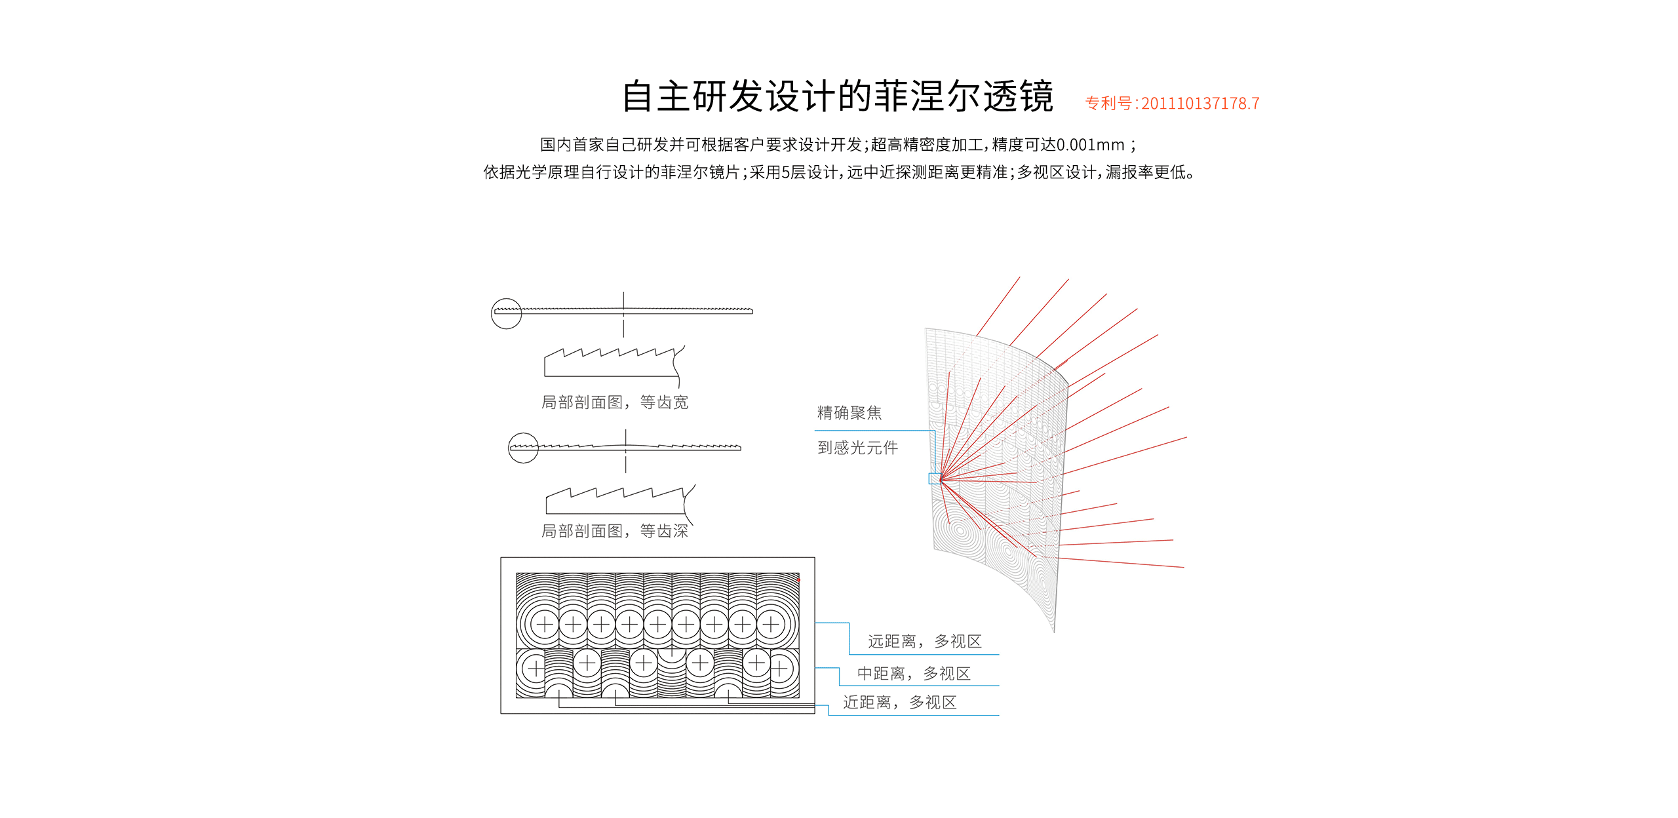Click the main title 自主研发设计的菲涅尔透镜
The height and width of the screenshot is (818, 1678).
[837, 96]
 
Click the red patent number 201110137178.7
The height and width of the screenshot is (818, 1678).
[1200, 104]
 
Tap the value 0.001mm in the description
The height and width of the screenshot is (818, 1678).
[1090, 145]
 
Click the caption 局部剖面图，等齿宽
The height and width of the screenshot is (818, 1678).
[614, 402]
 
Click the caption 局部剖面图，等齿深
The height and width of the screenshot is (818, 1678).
[614, 531]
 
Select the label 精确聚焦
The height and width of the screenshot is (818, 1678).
[849, 413]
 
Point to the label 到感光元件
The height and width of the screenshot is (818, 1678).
[857, 448]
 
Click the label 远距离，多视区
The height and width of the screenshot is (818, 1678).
[924, 641]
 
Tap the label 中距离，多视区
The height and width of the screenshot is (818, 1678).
[913, 673]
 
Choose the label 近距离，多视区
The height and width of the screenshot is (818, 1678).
[899, 702]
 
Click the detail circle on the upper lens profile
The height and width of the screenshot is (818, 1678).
[506, 313]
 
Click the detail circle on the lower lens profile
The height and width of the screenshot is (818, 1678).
[523, 448]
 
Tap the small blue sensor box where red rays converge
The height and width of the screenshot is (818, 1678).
[934, 478]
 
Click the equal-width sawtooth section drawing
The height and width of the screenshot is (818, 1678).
[613, 363]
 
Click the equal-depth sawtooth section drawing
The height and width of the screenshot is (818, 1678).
[616, 501]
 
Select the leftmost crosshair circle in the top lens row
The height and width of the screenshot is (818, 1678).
[545, 624]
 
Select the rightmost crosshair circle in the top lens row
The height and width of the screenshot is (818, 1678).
[771, 624]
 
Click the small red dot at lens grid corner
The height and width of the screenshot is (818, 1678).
[798, 579]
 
